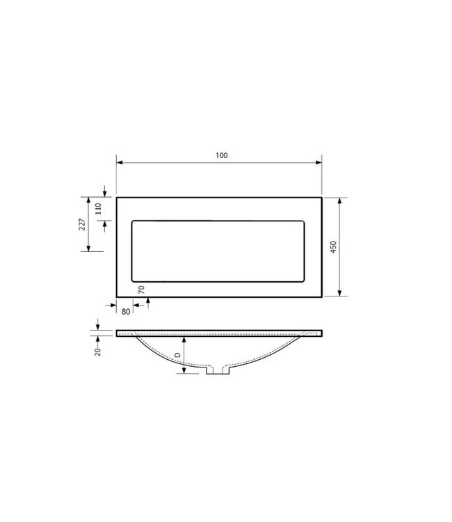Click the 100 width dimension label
tap(222, 155)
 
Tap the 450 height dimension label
tap(333, 247)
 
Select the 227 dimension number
tap(82, 224)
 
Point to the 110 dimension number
tap(98, 209)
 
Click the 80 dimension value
tap(126, 312)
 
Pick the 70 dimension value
tap(141, 290)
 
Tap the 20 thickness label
tap(97, 352)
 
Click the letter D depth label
tap(178, 355)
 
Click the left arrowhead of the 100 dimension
tap(120, 162)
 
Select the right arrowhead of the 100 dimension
tap(318, 162)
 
